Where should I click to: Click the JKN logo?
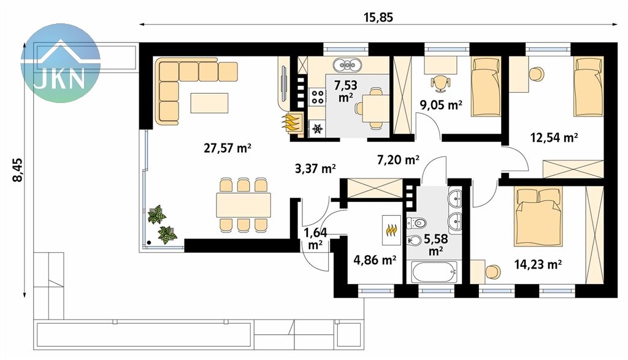61,63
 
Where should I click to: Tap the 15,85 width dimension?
378,18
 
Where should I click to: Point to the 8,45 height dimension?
18,170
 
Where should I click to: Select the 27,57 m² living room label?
228,148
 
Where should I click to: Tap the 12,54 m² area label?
554,138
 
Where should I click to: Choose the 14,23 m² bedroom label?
538,264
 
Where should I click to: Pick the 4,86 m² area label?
375,260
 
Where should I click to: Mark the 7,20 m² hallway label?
399,160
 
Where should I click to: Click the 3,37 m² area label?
315,169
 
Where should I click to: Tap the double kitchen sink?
347,64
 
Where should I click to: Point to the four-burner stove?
318,96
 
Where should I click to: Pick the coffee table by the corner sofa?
210,103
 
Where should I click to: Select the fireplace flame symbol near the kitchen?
291,123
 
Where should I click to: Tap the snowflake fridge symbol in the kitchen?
318,129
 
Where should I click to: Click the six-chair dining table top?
243,205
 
